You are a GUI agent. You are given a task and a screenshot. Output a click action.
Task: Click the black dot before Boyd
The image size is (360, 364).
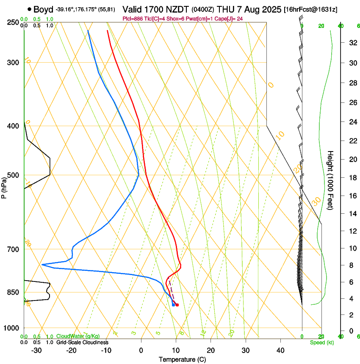[x=29, y=9]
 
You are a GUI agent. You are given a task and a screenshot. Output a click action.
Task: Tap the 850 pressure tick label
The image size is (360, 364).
[x=13, y=292]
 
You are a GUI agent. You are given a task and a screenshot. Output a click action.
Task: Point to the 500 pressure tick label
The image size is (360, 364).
[x=13, y=175]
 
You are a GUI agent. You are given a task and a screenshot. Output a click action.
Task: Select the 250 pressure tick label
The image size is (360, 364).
[x=13, y=22]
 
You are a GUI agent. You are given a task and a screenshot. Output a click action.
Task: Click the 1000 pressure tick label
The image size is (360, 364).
[x=11, y=328]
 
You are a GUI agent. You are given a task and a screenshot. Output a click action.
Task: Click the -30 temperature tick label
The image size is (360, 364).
[x=36, y=350]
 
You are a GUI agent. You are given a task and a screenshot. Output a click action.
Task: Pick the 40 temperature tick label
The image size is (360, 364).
[x=280, y=350]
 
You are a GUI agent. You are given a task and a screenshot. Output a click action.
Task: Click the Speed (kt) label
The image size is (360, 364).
[x=321, y=342]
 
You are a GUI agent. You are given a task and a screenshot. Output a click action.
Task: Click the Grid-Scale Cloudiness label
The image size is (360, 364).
[x=82, y=342]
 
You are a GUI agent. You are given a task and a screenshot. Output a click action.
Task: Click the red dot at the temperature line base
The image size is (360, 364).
[x=177, y=305]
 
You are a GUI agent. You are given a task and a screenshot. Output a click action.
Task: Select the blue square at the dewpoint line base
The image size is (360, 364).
[x=173, y=305]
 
